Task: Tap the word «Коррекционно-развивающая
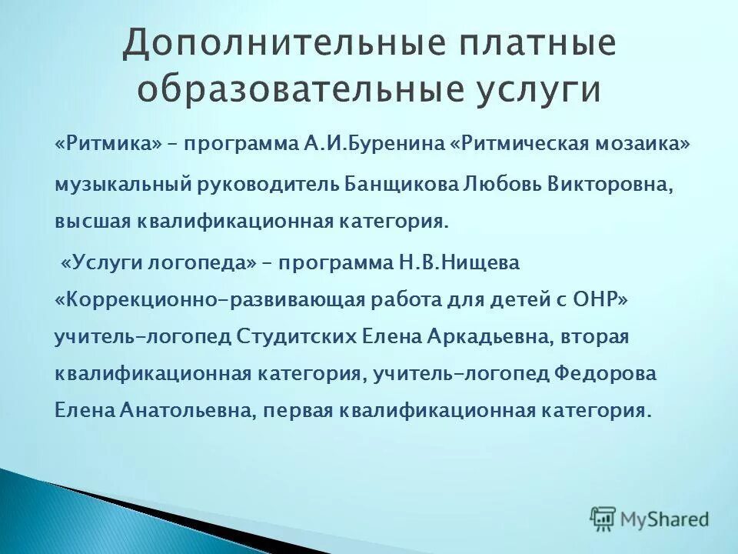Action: [208, 299]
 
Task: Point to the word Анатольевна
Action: [186, 410]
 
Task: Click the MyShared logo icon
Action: [603, 519]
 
